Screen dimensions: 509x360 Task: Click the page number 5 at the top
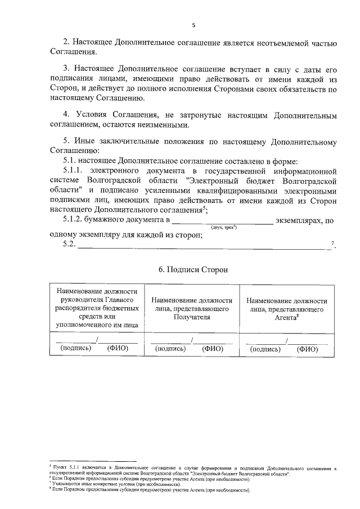[x=193, y=25]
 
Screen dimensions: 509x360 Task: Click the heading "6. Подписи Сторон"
[x=193, y=269]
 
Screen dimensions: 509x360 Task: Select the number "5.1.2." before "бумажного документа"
[x=73, y=220]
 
